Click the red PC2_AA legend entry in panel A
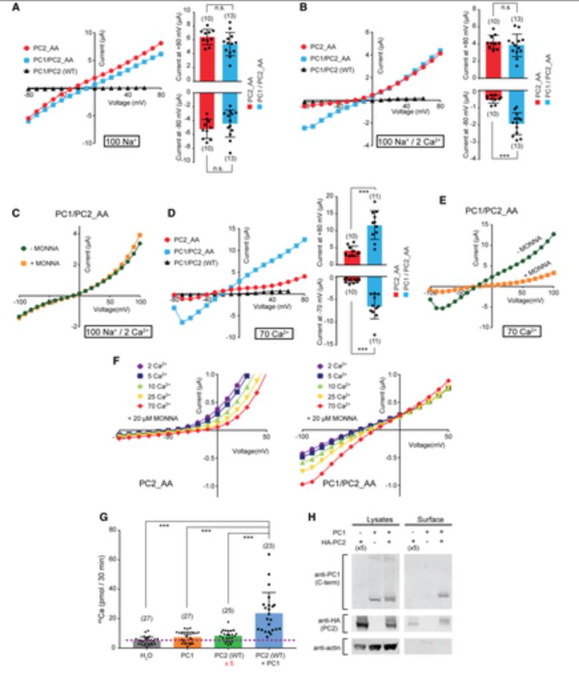coord(41,49)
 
